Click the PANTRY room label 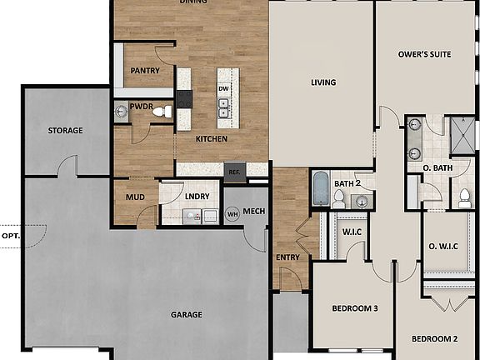144,71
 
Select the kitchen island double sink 223,107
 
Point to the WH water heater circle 233,213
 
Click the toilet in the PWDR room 161,111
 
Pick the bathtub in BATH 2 321,189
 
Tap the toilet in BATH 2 340,199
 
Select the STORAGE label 65,131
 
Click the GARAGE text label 187,314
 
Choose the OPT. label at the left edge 10,236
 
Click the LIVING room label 323,82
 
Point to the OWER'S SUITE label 425,54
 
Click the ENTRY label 287,257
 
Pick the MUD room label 135,197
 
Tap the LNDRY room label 197,197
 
